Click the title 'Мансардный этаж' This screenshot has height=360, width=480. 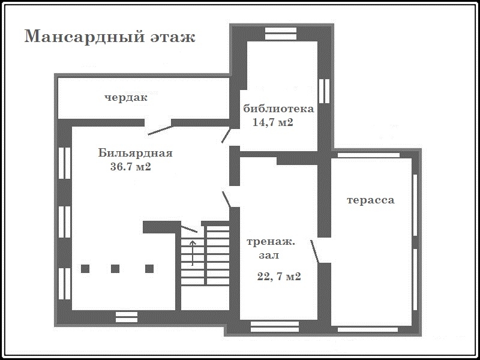coord(110,37)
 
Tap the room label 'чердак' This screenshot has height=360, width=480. coord(126,98)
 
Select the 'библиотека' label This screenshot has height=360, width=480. coord(278,109)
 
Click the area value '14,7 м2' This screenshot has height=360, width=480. coord(273,122)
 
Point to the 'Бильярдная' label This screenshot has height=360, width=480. coord(136,153)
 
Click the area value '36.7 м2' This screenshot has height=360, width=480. coord(131,167)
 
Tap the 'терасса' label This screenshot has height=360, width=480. coord(370,200)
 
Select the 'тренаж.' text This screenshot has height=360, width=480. coord(271,242)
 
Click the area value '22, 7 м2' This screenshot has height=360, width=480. coord(279,277)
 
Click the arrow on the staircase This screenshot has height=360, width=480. coord(193,253)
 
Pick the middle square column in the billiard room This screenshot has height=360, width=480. coord(115,269)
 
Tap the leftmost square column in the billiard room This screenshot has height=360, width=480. coord(85,269)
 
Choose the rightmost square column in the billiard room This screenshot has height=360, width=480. coord(149,269)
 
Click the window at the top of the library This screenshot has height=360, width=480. coord(281,34)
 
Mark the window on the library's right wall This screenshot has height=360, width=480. coord(324,91)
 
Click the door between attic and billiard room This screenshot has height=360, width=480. coord(160,130)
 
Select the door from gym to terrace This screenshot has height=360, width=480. coord(314,251)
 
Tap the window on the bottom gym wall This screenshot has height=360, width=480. coord(275,326)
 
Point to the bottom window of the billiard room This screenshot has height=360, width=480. coord(127,317)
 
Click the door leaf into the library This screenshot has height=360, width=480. coord(226,136)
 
